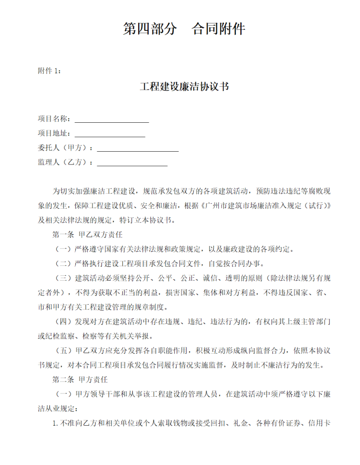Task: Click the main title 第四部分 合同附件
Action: point(184,29)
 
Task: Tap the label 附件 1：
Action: point(49,71)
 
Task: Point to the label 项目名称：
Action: point(55,119)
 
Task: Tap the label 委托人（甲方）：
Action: point(66,148)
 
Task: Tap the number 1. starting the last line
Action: point(55,423)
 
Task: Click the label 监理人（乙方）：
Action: point(66,163)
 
